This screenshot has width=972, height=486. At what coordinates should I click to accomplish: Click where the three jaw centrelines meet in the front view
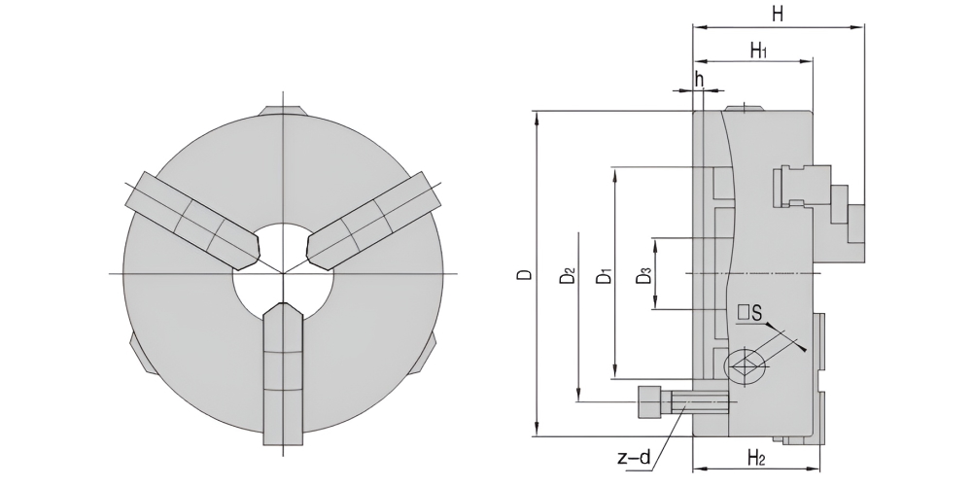coord(283,273)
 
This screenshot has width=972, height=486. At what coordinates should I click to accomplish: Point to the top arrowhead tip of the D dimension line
coord(537,112)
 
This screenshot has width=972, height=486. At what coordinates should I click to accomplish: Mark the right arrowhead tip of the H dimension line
coord(863,27)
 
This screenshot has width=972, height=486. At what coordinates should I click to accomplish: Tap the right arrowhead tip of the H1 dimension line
coord(812,61)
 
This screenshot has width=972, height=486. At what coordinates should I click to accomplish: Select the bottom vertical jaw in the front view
coord(283,374)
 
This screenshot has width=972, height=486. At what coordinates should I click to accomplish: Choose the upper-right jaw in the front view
coord(374,221)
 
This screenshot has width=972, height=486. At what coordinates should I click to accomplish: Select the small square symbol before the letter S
coord(744,312)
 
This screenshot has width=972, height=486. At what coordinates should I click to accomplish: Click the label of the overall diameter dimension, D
coord(525,273)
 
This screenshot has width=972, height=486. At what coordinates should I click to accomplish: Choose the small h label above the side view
coord(699,80)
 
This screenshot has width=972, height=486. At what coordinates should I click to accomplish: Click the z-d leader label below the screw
coord(635,459)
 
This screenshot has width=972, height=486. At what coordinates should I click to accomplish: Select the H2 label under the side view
coord(756,459)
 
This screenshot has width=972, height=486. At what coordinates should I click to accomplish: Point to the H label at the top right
coord(778,14)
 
